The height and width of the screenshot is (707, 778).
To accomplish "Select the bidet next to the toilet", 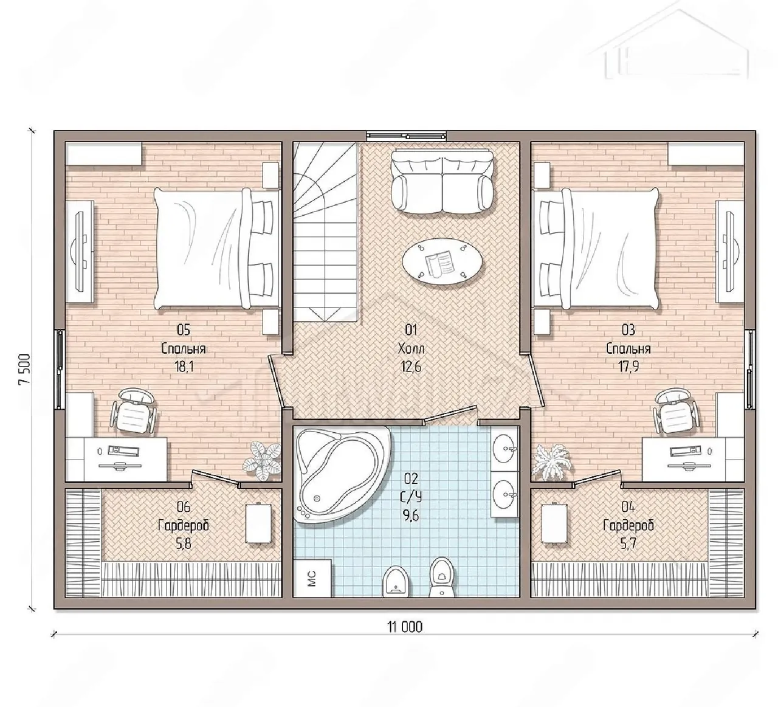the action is (x=394, y=581).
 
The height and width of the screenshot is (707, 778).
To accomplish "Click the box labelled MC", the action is (x=312, y=578).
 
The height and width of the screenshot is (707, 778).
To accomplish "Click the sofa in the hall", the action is (x=442, y=182).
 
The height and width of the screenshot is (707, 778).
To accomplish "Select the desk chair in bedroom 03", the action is (x=675, y=412).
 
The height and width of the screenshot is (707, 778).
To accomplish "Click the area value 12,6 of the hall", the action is (x=411, y=367).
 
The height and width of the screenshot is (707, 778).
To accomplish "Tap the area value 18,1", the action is (x=184, y=367).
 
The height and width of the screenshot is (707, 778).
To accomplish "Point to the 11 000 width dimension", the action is (x=405, y=627).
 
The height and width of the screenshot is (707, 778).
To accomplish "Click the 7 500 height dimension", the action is (x=24, y=369).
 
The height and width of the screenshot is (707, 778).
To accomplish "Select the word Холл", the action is (x=411, y=348).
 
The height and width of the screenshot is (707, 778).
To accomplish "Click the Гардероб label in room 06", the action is (x=184, y=525).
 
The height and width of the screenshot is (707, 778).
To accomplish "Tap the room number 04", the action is (x=628, y=506).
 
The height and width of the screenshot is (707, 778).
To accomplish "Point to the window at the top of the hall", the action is (x=407, y=136).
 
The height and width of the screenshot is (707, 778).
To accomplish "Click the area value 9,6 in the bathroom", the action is (x=411, y=516).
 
